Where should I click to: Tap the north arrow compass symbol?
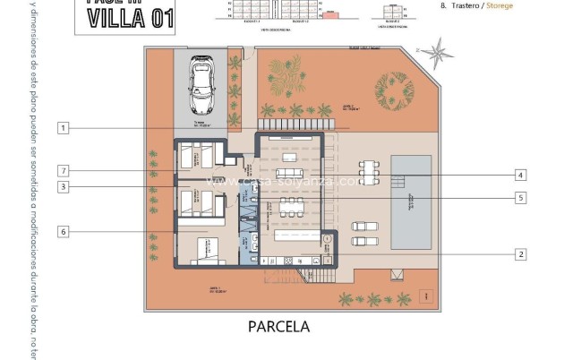438,53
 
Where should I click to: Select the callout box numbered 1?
63,128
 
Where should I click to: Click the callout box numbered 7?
63,170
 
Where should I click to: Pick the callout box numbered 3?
63,186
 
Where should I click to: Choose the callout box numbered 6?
63,231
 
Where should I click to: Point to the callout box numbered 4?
520,175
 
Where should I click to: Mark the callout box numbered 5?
520,197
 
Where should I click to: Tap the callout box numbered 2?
520,253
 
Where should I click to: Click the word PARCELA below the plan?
278,327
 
